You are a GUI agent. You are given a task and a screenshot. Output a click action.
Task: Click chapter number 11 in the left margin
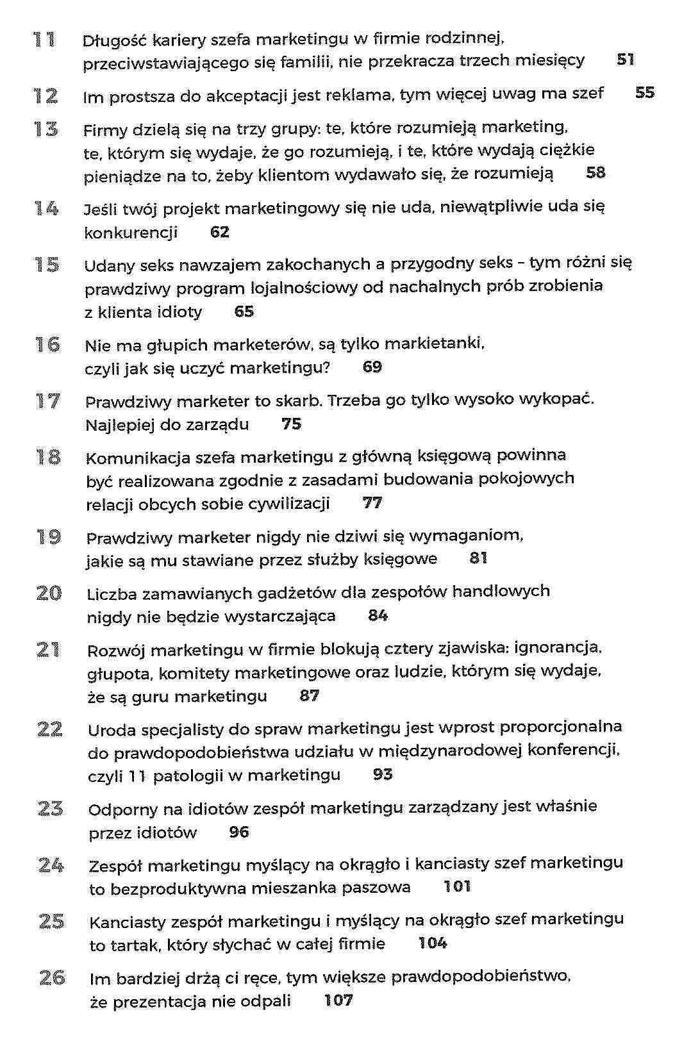(44, 40)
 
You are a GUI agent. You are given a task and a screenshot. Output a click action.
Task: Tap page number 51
(626, 60)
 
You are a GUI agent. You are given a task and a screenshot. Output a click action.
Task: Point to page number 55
(644, 93)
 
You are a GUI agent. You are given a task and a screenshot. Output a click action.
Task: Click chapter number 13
(46, 129)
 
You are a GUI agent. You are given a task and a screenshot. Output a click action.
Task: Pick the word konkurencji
(131, 233)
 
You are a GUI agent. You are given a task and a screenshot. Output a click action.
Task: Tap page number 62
(219, 232)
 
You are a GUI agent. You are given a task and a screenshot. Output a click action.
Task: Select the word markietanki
(438, 344)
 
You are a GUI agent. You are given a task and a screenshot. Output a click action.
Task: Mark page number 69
(372, 367)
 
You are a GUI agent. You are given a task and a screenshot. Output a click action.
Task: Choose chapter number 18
(48, 458)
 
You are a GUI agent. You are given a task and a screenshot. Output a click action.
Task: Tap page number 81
(478, 558)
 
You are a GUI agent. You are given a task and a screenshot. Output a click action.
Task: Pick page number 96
(238, 833)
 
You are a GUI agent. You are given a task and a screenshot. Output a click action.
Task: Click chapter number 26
(52, 978)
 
